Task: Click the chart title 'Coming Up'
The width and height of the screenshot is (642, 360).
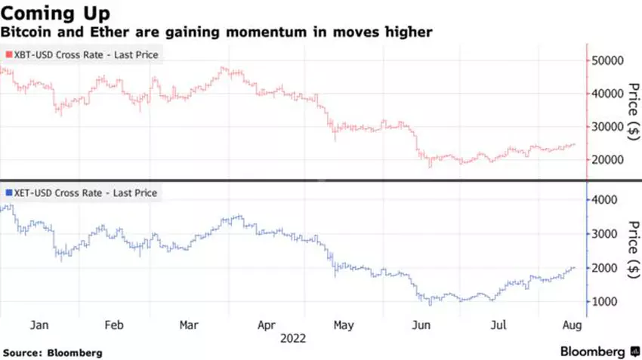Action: tap(57, 14)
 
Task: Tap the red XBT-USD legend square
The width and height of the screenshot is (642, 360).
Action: tap(9, 54)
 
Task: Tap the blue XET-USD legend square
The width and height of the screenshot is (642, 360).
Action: tap(9, 193)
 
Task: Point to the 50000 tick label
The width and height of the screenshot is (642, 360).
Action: tap(607, 60)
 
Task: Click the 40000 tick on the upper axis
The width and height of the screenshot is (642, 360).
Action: tap(607, 94)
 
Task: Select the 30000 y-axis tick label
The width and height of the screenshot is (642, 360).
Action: tap(607, 127)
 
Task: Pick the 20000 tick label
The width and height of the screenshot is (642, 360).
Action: tap(607, 160)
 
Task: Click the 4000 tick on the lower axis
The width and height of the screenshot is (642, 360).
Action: tap(604, 200)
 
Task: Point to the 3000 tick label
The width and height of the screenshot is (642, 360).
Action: tap(604, 234)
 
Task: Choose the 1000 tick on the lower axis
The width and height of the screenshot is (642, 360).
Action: tap(604, 302)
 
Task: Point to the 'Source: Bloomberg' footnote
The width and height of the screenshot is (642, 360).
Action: tap(53, 352)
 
